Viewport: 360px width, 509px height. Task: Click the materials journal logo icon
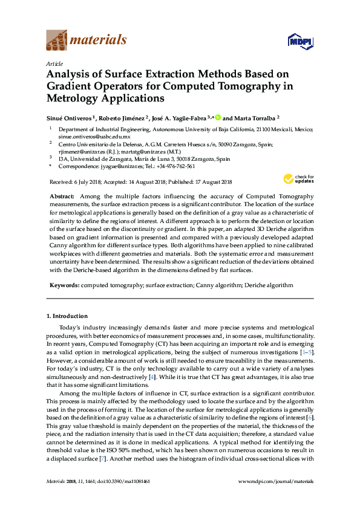[57, 41]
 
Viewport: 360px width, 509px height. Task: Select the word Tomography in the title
[255, 86]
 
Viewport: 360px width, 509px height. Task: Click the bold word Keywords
[63, 285]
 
